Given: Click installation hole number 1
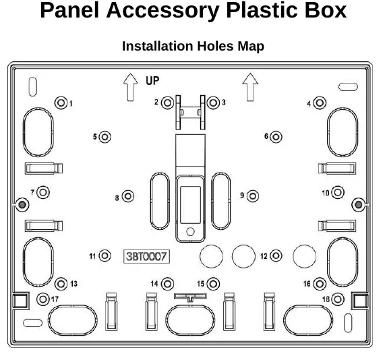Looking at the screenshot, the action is [x=61, y=102].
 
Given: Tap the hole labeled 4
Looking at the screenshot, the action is [x=320, y=102].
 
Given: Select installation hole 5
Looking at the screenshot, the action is [x=105, y=137].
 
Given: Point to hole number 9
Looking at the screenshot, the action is [x=253, y=196].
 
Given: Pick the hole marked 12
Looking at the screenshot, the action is [x=276, y=256].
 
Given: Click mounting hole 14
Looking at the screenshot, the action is [x=167, y=284].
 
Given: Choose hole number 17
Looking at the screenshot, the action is [x=43, y=299].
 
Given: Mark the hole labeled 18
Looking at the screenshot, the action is [x=338, y=299].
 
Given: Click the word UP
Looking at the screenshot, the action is [x=152, y=80].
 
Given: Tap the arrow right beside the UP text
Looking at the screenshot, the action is [x=130, y=87].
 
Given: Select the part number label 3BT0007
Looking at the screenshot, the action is [x=146, y=257].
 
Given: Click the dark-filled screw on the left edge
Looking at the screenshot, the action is [x=22, y=204].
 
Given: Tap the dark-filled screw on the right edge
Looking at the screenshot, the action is [x=359, y=204].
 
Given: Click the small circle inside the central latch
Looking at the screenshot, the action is [x=190, y=231].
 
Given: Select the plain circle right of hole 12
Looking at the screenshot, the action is [x=305, y=256].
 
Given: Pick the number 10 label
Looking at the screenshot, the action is [x=326, y=193].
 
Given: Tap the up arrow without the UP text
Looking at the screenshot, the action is [x=250, y=87].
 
